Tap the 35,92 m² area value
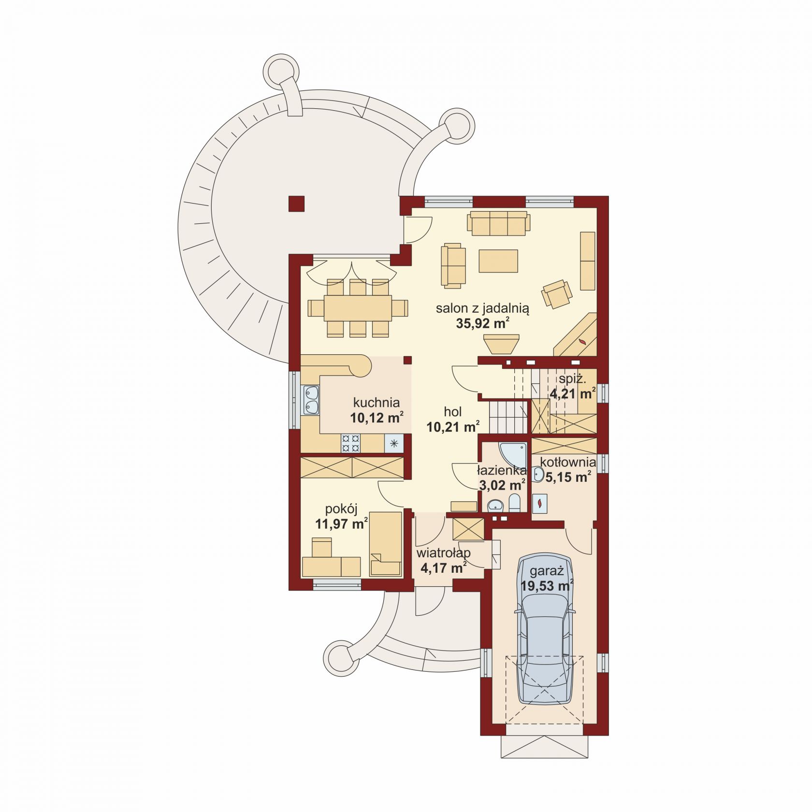(483, 323)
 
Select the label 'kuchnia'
(377, 402)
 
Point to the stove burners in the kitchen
(351, 443)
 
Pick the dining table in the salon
(358, 307)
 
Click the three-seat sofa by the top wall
(498, 223)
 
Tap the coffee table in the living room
(498, 261)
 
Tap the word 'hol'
(453, 412)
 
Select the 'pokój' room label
(341, 509)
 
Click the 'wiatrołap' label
(444, 552)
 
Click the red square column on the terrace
(296, 203)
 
